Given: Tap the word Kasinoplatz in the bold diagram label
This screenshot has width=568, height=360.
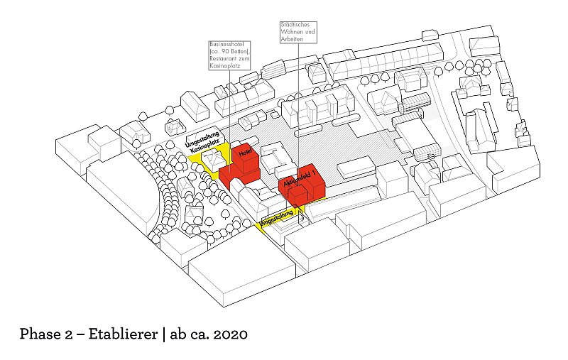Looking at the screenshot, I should pyautogui.click(x=206, y=147).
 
